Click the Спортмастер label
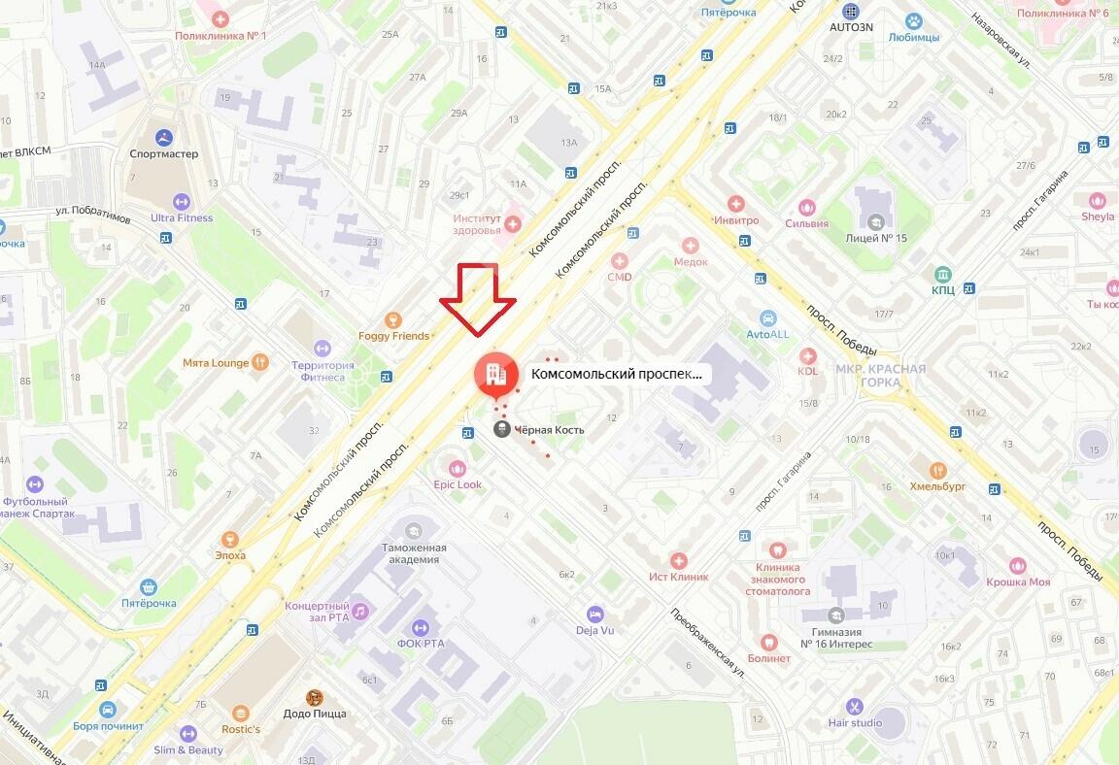tap(163, 153)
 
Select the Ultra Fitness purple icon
tap(181, 201)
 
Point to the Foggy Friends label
tap(393, 336)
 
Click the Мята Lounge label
tap(216, 363)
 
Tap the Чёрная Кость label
tap(549, 429)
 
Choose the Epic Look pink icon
tap(458, 469)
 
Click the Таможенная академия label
tap(414, 553)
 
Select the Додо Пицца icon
tap(314, 697)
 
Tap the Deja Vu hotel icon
tap(594, 614)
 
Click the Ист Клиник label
tap(679, 577)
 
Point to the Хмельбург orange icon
tap(937, 470)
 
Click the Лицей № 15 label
tap(876, 239)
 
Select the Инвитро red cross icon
tap(735, 204)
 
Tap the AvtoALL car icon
tap(767, 317)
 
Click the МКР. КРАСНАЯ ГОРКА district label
tap(881, 375)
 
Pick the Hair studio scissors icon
tap(855, 706)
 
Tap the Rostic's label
tap(240, 729)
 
